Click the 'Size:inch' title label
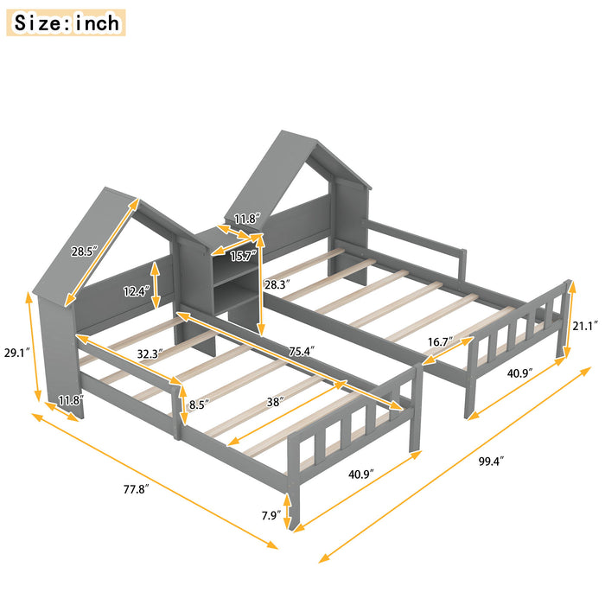(x=68, y=22)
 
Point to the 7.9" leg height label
(x=273, y=517)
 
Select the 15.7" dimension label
(x=245, y=256)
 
